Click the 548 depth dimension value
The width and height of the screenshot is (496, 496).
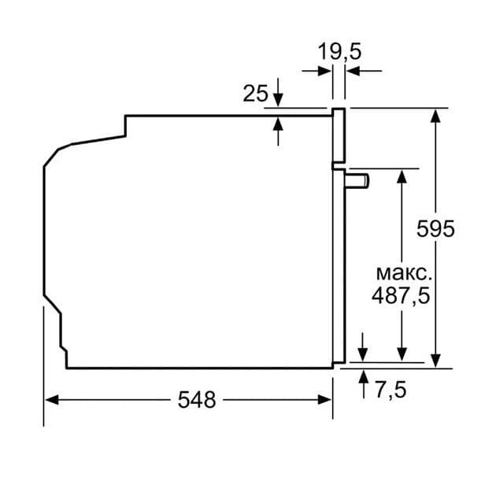(x=196, y=400)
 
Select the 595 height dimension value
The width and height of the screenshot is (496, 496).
(x=435, y=229)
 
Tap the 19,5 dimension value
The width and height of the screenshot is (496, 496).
(x=339, y=52)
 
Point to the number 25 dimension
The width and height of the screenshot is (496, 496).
(x=255, y=94)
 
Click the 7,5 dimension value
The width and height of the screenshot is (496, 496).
(x=390, y=390)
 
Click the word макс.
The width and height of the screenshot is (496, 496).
(x=402, y=274)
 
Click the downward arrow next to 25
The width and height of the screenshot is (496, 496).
(x=278, y=102)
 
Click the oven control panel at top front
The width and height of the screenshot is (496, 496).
(x=339, y=138)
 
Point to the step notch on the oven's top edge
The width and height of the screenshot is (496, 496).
(x=126, y=126)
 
